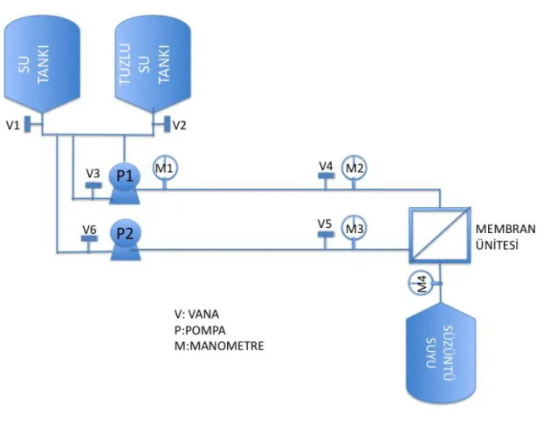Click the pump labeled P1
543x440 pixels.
124,183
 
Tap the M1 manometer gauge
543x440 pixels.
165,168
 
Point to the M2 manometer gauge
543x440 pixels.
354,168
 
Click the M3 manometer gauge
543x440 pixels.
354,229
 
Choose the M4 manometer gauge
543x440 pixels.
421,283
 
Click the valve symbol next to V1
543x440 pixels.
27,124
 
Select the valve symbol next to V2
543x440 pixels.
168,124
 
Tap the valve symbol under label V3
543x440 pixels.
93,185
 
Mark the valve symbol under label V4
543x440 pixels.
326,175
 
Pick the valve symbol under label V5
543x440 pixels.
326,235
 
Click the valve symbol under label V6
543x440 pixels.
89,238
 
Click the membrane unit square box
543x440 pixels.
440,235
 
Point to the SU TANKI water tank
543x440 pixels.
42,64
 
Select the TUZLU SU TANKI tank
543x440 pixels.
153,64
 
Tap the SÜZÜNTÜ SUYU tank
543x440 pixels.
441,353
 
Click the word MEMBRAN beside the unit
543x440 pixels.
505,229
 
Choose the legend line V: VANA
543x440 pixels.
196,314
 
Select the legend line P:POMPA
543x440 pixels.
200,330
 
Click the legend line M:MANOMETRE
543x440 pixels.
219,346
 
